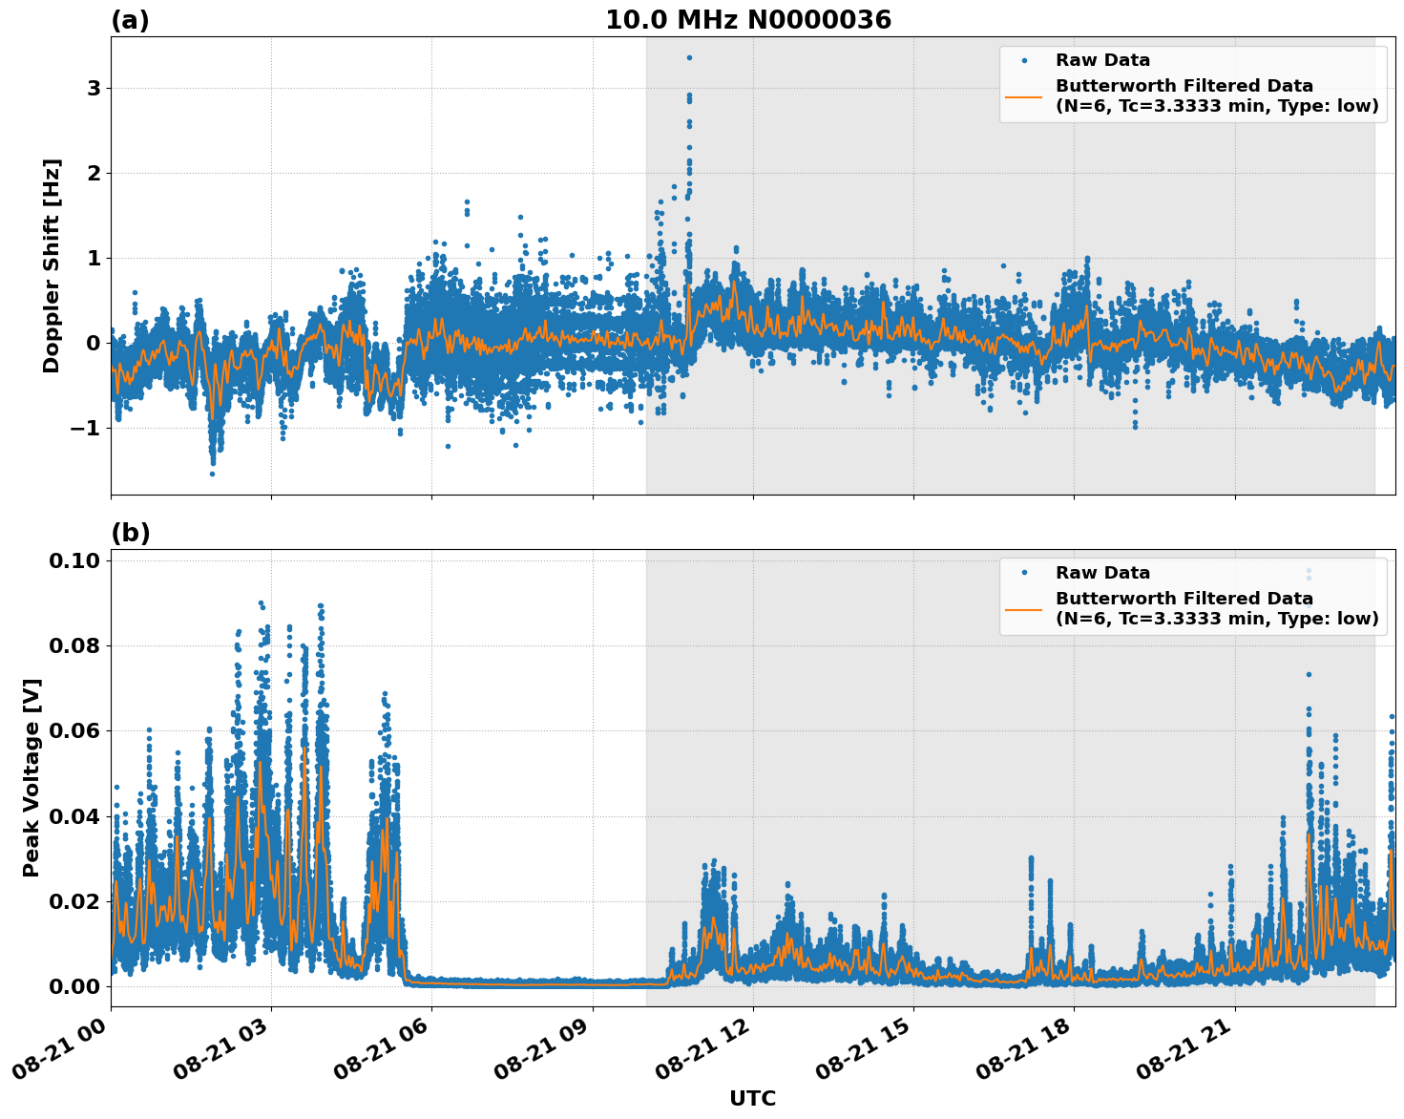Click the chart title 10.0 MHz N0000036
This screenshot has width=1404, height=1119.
[747, 20]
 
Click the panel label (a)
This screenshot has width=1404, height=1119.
[130, 20]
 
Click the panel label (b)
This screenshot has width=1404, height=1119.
[130, 533]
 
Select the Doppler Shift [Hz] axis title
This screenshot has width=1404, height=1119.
[52, 265]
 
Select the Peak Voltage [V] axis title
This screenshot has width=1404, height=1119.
[31, 777]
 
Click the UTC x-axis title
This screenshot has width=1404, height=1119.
[752, 1098]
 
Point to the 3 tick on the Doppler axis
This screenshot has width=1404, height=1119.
[94, 88]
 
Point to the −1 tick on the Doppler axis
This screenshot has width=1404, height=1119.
[84, 428]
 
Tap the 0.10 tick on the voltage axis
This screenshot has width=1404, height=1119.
[74, 560]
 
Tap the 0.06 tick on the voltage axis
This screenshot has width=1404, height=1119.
[74, 730]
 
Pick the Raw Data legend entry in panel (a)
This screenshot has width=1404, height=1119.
[1102, 61]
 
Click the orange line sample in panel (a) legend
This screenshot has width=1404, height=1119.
[1024, 96]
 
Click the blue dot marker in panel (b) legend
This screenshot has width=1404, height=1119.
[1024, 573]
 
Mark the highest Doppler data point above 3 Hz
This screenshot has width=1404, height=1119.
[689, 57]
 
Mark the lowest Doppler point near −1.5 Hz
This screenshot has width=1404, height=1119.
[212, 474]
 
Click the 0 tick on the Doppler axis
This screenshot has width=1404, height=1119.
[94, 343]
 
